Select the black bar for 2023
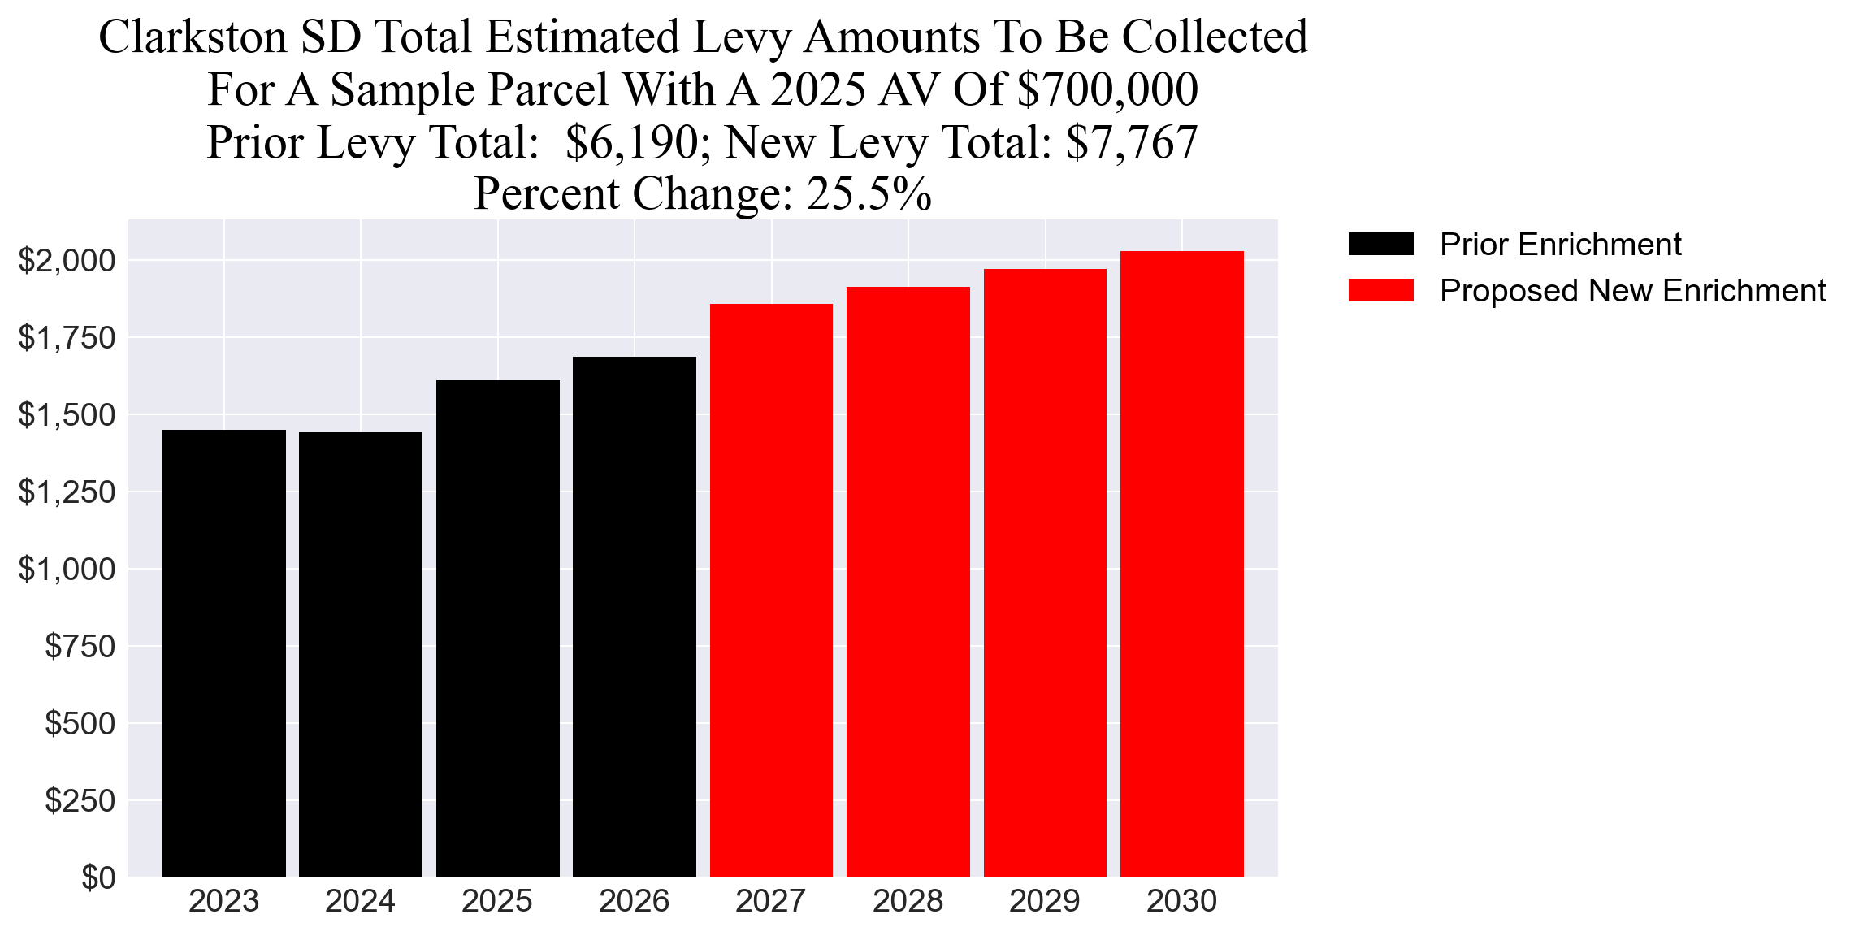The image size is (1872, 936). (224, 653)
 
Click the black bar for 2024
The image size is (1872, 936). (361, 655)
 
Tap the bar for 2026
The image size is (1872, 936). (635, 617)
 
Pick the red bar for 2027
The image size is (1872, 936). (771, 591)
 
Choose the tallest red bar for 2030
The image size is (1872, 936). (1181, 565)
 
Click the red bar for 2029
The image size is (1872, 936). (1045, 574)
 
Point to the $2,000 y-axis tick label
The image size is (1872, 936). (67, 261)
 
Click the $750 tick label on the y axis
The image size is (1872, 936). (80, 647)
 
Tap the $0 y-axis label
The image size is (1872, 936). (98, 878)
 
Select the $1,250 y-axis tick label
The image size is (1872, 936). (67, 492)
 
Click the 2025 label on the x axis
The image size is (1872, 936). (497, 902)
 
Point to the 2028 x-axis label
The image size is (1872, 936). (908, 902)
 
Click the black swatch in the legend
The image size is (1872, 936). (1380, 244)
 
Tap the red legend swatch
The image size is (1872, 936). (1380, 290)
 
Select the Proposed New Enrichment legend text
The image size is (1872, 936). (1632, 291)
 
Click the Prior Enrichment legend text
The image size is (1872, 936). (1560, 245)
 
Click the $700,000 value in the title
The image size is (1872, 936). (1107, 89)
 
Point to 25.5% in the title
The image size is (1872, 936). (869, 194)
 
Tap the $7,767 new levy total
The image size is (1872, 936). (1132, 142)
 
